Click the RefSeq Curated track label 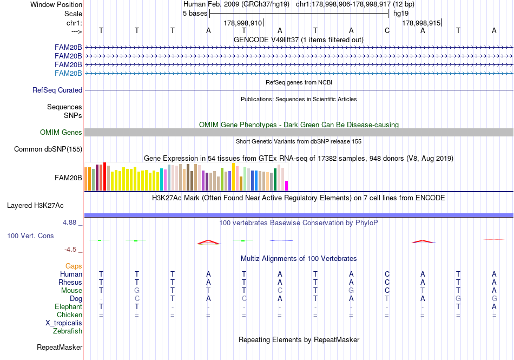tap(57, 90)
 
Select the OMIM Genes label tap(61, 133)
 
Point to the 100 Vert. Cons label tap(30, 236)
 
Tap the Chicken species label tap(69, 315)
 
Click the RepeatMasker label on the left tap(59, 348)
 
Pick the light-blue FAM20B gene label tap(68, 74)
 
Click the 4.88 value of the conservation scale tap(72, 222)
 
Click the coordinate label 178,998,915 tap(421, 23)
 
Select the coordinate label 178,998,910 tap(242, 23)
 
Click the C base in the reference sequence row tap(387, 31)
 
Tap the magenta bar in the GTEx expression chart tap(287, 186)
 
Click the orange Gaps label tap(74, 266)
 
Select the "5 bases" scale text tap(195, 14)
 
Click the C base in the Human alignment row tap(387, 274)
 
